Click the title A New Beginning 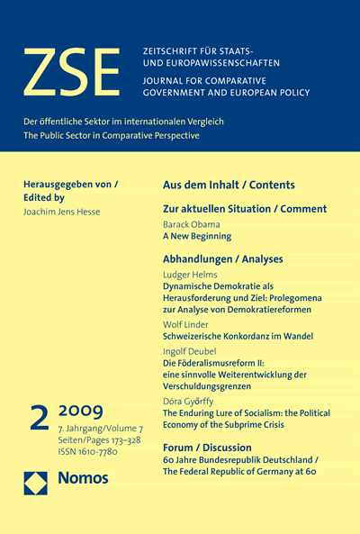pos(196,236)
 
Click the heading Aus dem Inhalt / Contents pos(228,185)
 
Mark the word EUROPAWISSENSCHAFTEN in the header pos(221,63)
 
